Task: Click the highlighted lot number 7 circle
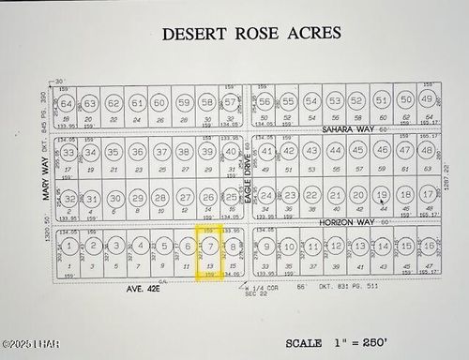(212, 247)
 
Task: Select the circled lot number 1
(68, 246)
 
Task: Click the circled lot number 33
(68, 152)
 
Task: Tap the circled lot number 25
(232, 198)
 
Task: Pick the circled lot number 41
(266, 151)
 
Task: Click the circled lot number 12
(336, 246)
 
